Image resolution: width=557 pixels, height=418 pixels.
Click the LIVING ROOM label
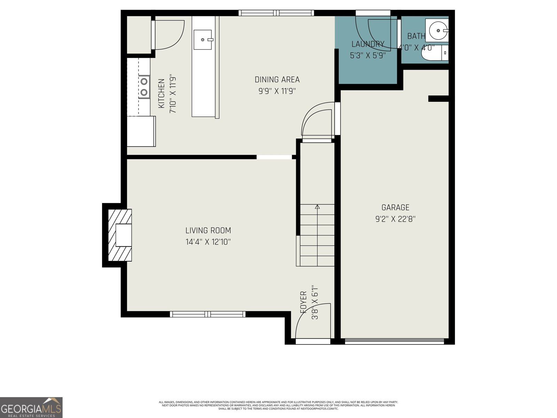(x=208, y=230)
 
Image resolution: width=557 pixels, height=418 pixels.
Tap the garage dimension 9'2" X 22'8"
(x=395, y=219)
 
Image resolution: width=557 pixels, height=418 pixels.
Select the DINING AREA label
(x=277, y=79)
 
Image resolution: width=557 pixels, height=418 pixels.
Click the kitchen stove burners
(x=144, y=87)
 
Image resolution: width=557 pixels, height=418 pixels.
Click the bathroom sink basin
(x=438, y=31)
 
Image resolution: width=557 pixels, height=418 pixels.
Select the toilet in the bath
(x=434, y=53)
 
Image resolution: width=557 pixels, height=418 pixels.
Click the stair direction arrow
(x=317, y=207)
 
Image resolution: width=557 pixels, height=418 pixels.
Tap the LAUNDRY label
(x=368, y=44)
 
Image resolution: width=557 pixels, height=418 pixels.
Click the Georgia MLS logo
(x=31, y=407)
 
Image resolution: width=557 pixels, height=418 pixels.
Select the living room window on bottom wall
(x=207, y=314)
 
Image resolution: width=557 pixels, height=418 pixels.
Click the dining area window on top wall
(x=276, y=13)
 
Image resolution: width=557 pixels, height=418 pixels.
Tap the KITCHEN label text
(x=162, y=93)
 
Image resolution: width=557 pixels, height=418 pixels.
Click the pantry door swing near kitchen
(x=168, y=35)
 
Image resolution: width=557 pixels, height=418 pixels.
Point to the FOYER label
(x=303, y=302)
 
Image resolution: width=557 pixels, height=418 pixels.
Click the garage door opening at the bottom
(x=394, y=342)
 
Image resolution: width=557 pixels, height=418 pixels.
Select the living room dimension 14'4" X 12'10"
(x=208, y=242)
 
